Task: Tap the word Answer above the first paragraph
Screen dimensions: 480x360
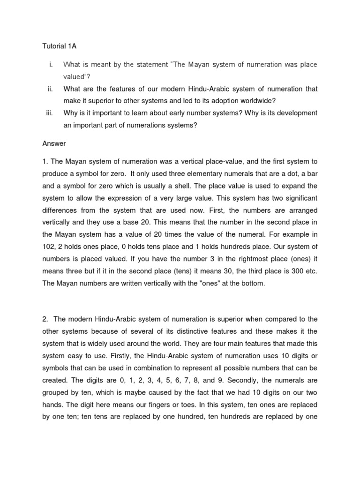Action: (x=54, y=143)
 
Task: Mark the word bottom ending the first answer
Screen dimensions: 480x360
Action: (x=253, y=283)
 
